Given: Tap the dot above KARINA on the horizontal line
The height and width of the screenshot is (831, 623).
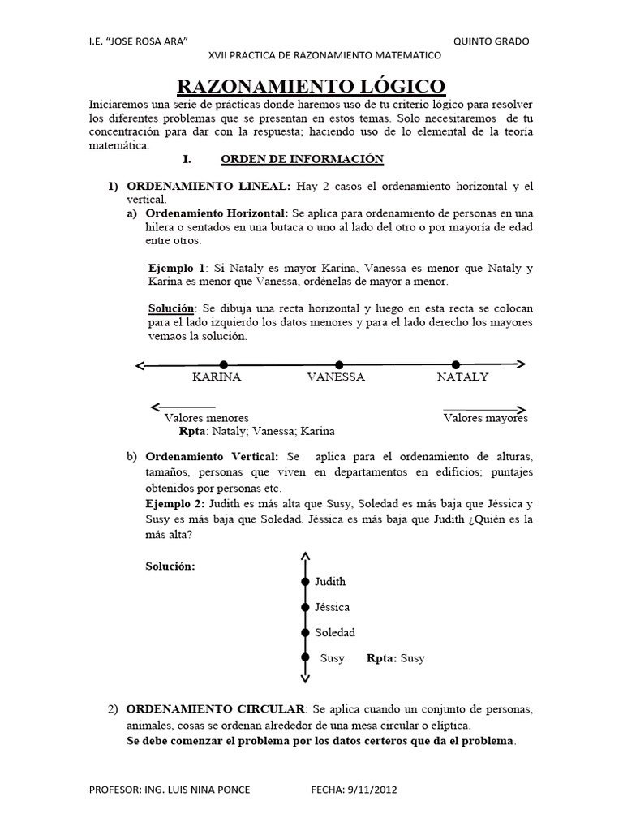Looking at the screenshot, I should pyautogui.click(x=224, y=364).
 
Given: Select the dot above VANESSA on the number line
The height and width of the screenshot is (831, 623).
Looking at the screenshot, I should pyautogui.click(x=339, y=364).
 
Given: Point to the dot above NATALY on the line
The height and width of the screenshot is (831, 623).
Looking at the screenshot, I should pyautogui.click(x=455, y=364).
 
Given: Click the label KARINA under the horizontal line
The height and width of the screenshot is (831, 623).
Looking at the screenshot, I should pyautogui.click(x=217, y=377).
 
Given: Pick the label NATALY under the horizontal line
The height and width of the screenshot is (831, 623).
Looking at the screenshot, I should pyautogui.click(x=462, y=377).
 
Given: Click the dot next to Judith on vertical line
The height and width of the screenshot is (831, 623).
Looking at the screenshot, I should pyautogui.click(x=305, y=582).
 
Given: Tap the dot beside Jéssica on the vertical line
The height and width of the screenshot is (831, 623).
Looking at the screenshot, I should pyautogui.click(x=305, y=607).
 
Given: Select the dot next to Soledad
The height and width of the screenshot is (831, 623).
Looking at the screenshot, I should pyautogui.click(x=305, y=632).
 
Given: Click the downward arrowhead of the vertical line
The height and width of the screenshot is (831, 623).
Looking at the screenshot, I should pyautogui.click(x=305, y=678).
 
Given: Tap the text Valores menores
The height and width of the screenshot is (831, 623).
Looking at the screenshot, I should pyautogui.click(x=207, y=418).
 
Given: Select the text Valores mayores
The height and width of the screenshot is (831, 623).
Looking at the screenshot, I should pyautogui.click(x=485, y=418).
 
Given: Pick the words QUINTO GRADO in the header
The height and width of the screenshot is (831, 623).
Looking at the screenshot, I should pyautogui.click(x=492, y=41).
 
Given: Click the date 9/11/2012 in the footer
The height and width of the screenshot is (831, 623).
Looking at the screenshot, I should pyautogui.click(x=372, y=789).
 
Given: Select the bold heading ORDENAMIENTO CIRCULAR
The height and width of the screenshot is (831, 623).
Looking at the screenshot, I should pyautogui.click(x=216, y=709).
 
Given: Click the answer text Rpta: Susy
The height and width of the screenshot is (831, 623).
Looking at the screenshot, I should pyautogui.click(x=395, y=658).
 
